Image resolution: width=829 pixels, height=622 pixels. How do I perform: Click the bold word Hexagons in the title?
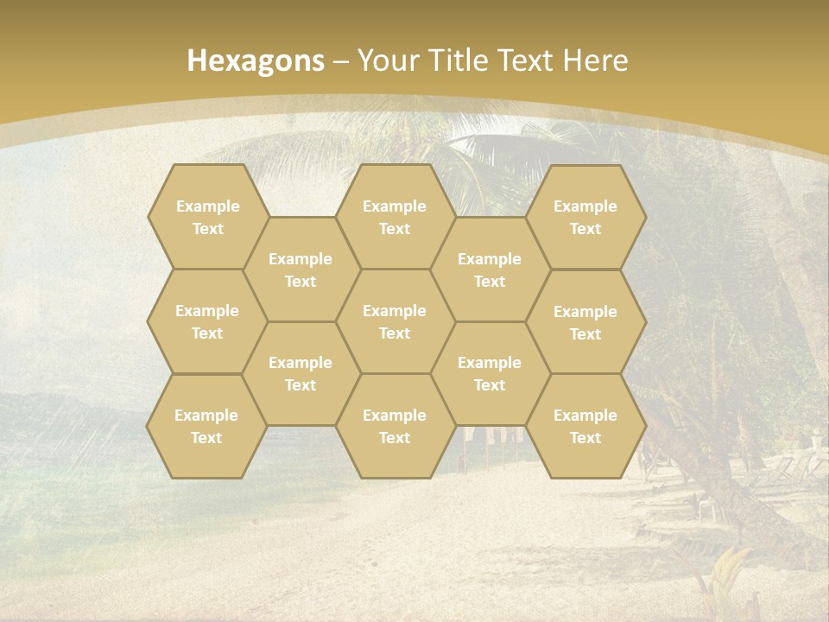tap(256, 60)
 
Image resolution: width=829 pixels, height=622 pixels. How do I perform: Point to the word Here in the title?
tap(595, 60)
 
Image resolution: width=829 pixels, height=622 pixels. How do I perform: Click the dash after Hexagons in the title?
tap(341, 61)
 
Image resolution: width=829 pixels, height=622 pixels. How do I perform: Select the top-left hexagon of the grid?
tap(207, 217)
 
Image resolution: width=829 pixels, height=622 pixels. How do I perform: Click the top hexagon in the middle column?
tap(395, 217)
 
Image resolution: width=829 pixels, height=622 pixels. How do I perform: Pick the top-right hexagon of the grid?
tap(585, 217)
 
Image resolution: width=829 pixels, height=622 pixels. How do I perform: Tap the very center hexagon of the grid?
tap(395, 321)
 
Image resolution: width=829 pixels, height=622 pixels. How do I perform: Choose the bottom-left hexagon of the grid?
tap(206, 426)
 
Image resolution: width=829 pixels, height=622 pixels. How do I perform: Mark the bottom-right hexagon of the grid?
tap(585, 426)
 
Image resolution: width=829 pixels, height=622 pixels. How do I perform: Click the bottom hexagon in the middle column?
tap(395, 426)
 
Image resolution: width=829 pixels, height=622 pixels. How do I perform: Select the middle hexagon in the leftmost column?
tap(207, 321)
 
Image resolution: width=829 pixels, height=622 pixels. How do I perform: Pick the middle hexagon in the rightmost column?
tap(585, 322)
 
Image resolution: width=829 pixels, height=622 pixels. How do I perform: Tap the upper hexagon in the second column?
tap(301, 270)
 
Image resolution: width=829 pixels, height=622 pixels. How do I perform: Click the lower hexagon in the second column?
tap(301, 373)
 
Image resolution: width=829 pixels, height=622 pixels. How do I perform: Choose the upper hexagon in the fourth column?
tap(490, 270)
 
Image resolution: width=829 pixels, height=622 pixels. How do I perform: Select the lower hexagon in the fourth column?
tap(490, 373)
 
